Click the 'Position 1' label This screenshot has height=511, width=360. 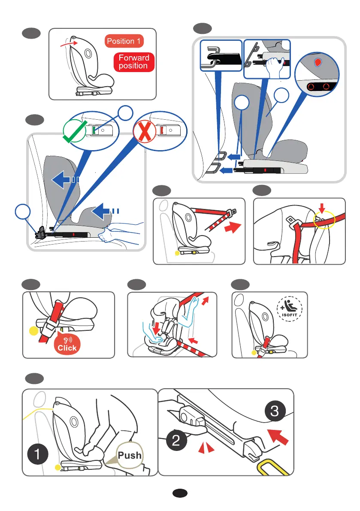(124, 42)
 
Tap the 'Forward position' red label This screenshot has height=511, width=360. (133, 62)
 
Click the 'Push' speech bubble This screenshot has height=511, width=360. (130, 455)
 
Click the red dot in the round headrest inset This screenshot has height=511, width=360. (318, 62)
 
